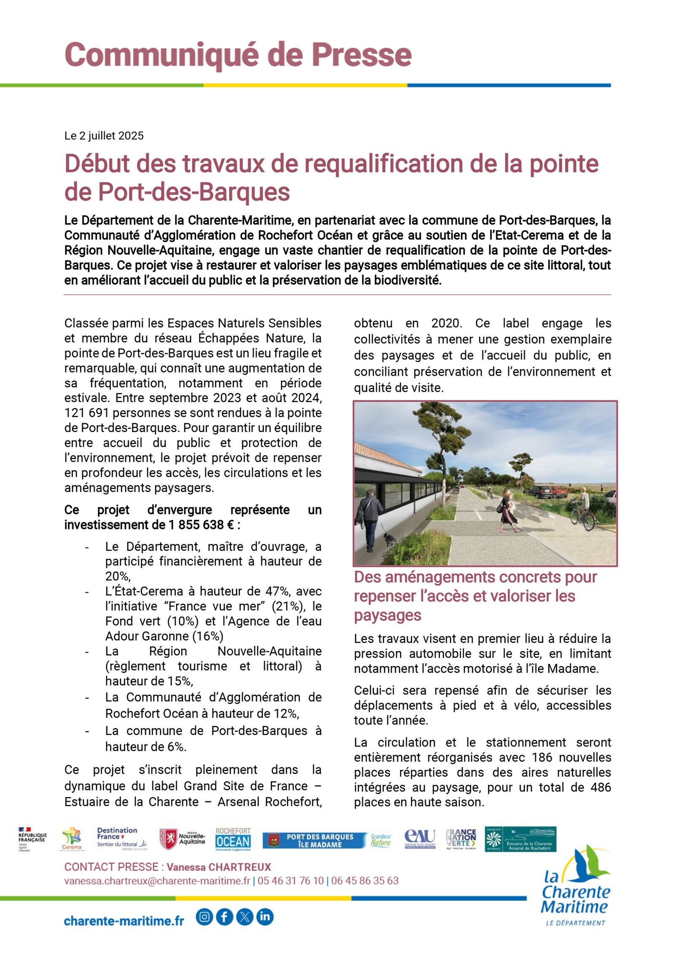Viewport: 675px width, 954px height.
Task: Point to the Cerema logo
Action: [x=72, y=839]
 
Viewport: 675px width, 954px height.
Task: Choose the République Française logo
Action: [x=32, y=839]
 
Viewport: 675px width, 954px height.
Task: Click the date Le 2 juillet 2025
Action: [x=104, y=136]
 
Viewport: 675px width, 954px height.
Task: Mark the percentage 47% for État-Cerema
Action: [x=276, y=592]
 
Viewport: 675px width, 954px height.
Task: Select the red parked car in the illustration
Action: [x=558, y=491]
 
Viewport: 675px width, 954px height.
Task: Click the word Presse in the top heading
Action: [x=361, y=55]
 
